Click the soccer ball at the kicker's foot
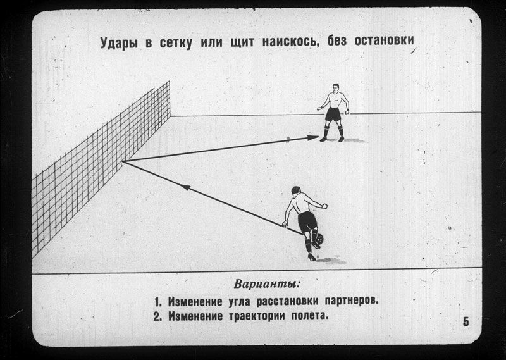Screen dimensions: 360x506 click(x=319, y=240)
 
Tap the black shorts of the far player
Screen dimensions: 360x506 click(x=333, y=116)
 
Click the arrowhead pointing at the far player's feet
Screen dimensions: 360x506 click(x=312, y=137)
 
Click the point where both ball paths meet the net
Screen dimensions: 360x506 click(x=123, y=162)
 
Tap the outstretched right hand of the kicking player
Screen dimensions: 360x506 click(x=324, y=205)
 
